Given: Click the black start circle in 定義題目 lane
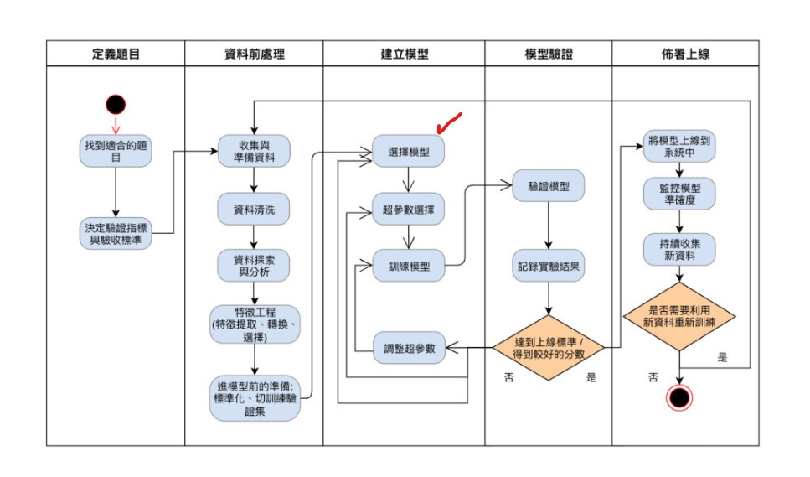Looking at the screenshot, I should click(x=116, y=104).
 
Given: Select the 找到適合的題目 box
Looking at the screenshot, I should click(x=116, y=150).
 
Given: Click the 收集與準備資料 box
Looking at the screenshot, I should click(x=253, y=150).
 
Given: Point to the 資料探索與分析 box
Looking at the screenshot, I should click(x=253, y=267).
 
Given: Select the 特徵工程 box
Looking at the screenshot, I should click(x=253, y=324).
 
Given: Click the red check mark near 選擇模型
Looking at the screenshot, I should click(x=449, y=123).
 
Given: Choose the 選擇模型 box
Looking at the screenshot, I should click(x=409, y=152).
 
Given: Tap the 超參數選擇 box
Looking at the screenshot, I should click(x=409, y=209).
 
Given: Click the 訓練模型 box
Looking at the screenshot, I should click(x=409, y=266).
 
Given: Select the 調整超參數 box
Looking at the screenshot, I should click(x=409, y=348).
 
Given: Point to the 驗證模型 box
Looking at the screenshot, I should click(x=548, y=185).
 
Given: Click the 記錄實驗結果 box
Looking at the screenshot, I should click(x=548, y=267).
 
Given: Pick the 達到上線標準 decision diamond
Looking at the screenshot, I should click(x=548, y=348).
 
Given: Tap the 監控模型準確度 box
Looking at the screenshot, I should click(x=679, y=194).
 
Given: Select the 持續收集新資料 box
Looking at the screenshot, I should click(x=679, y=250).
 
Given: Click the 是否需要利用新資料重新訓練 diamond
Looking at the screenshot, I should click(x=679, y=316).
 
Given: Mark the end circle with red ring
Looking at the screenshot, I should click(x=679, y=397).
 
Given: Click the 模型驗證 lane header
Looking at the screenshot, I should click(x=548, y=54).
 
